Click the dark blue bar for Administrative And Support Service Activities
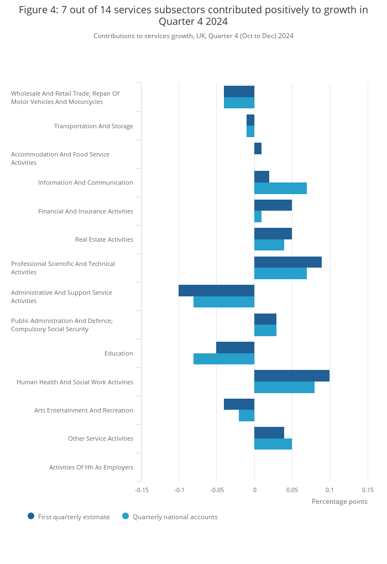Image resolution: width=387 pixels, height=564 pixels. [217, 291]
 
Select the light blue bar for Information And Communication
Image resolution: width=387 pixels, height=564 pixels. [280, 188]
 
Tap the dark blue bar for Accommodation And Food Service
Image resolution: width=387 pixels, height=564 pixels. [258, 149]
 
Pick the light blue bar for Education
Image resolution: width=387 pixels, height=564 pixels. [224, 359]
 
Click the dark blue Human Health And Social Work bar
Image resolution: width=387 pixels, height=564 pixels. [292, 376]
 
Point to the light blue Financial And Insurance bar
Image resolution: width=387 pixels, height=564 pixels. [258, 217]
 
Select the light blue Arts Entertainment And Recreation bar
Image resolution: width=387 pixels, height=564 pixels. [247, 415]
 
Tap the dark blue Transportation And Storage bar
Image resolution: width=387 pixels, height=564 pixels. [250, 120]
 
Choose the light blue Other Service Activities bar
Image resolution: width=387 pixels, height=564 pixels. [273, 444]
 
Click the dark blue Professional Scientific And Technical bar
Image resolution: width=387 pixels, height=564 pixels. [287, 262]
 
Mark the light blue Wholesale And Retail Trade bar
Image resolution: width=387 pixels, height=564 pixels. [239, 103]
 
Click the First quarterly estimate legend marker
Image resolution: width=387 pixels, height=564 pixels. [31, 516]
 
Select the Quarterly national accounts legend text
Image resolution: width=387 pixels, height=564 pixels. [175, 517]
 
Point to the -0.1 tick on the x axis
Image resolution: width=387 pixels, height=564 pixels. [179, 490]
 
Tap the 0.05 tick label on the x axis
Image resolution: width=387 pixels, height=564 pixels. [292, 490]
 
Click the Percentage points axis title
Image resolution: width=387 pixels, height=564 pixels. [339, 502]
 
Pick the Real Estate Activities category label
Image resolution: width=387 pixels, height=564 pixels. [104, 239]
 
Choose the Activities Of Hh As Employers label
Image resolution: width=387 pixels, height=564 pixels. [91, 467]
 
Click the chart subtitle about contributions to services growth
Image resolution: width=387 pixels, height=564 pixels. [193, 36]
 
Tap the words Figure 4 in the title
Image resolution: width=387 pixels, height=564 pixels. [39, 10]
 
